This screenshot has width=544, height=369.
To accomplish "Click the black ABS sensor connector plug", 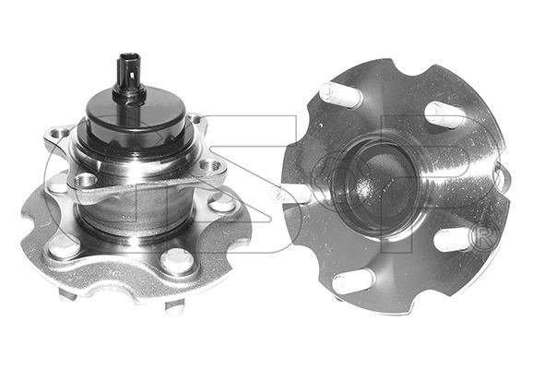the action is click(x=129, y=77).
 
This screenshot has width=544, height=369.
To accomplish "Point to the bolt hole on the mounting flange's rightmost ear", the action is click(x=210, y=165).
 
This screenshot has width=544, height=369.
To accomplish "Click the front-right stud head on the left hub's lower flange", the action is click(x=176, y=261).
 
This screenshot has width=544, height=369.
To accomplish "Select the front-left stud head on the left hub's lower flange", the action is click(x=63, y=247).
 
